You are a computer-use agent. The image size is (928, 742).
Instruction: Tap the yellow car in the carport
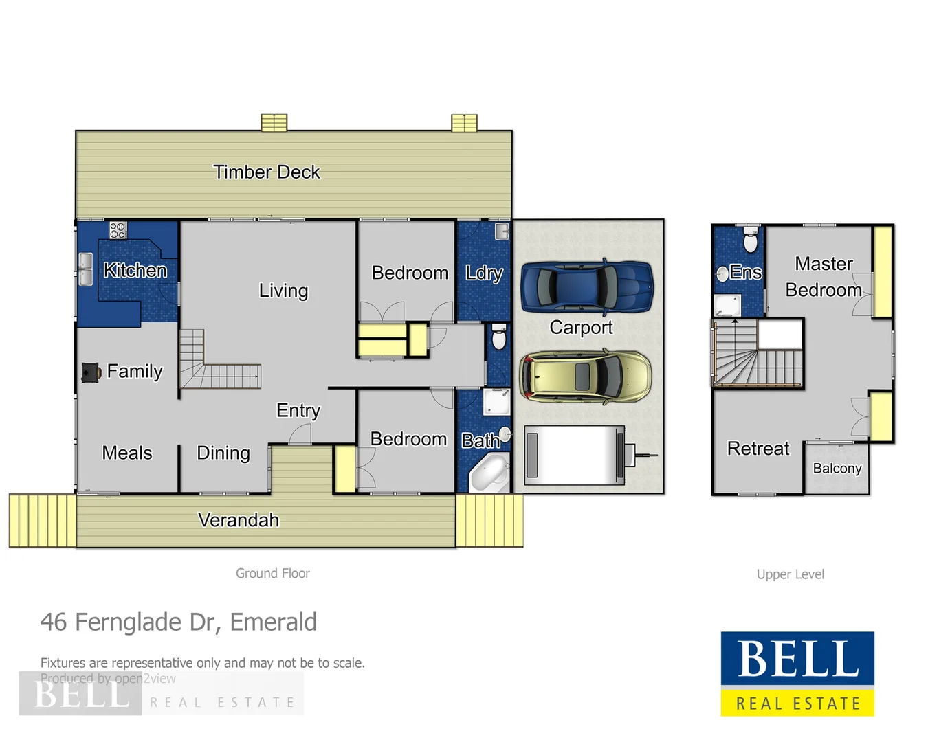click(585, 376)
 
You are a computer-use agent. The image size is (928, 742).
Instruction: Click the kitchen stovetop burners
click(118, 230)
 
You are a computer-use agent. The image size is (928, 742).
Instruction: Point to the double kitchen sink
click(85, 269)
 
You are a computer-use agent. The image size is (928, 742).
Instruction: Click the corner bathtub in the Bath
click(489, 474)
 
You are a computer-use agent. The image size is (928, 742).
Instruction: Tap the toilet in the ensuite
click(750, 241)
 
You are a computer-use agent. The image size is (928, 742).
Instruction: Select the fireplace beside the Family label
click(90, 372)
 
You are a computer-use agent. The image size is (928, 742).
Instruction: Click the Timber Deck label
click(266, 172)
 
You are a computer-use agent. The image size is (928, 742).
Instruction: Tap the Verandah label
click(238, 520)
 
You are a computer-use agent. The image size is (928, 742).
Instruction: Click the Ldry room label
click(484, 273)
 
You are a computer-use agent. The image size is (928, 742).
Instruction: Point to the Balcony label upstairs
click(837, 469)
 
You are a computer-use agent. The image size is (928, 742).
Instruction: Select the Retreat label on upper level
click(758, 449)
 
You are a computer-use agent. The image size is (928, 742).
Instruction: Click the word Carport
click(581, 328)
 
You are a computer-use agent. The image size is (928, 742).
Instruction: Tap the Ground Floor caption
click(272, 573)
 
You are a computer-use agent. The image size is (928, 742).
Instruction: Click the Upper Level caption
click(790, 574)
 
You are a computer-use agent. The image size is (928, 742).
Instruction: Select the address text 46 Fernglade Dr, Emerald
click(179, 622)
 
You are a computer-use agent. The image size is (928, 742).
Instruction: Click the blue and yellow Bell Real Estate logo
click(797, 673)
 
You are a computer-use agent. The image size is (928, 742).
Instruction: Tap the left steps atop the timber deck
click(274, 122)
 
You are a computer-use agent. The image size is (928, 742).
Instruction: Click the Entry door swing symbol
click(300, 434)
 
